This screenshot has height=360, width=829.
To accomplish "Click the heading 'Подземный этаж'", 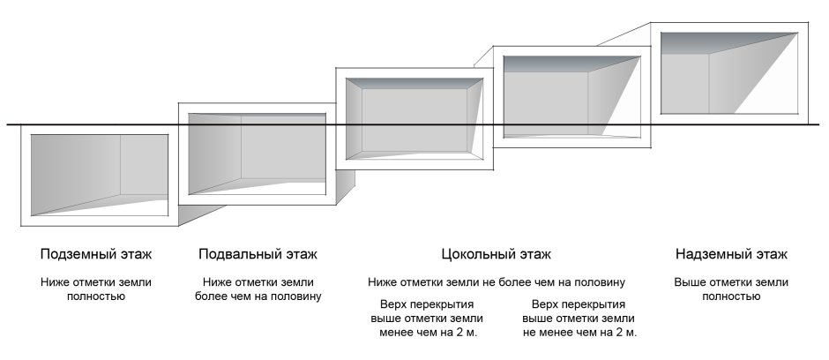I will [96, 254].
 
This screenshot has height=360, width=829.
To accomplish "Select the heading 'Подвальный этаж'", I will [258, 254].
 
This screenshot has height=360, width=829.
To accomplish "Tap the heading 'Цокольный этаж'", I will [497, 254].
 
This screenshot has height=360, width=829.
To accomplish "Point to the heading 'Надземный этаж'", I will [731, 254].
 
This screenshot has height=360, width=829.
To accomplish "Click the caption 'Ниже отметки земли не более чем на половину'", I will [497, 282].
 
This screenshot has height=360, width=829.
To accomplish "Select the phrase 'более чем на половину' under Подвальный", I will [258, 296].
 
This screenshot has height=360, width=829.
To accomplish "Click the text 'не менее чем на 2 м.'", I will [579, 333].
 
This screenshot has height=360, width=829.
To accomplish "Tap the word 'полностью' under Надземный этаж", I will [731, 296].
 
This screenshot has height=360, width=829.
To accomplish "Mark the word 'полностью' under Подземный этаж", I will [96, 296].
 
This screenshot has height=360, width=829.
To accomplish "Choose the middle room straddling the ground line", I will [414, 119].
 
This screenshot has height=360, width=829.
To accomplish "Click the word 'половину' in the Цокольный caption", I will [601, 282].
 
